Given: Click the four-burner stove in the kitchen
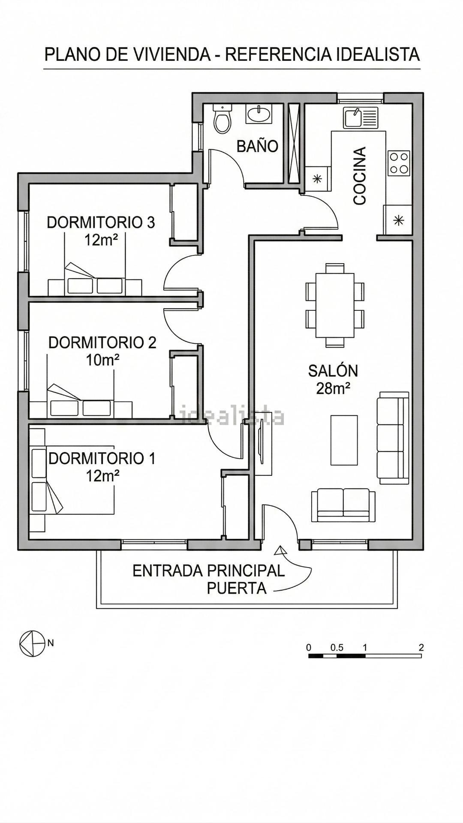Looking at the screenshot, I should point(399,163).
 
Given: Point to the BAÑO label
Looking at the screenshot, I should point(257,146).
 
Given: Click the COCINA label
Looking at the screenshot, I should point(360,176).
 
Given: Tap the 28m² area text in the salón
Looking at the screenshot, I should point(333,388).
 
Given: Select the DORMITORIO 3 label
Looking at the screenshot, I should point(101,222).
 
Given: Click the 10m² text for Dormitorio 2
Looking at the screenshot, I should point(102,360).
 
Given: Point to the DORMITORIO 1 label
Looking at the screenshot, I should point(102,458).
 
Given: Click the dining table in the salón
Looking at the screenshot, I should point(335,305).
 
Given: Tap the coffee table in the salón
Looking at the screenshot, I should point(344,440).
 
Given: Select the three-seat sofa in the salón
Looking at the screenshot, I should point(393,438).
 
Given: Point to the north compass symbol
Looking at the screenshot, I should point(33,643).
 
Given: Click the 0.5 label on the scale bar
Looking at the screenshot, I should point(337,647).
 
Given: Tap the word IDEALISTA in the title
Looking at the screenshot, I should point(378,54).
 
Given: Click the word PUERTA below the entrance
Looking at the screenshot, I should point(237,589).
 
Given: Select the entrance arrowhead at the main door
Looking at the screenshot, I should point(280,550).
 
